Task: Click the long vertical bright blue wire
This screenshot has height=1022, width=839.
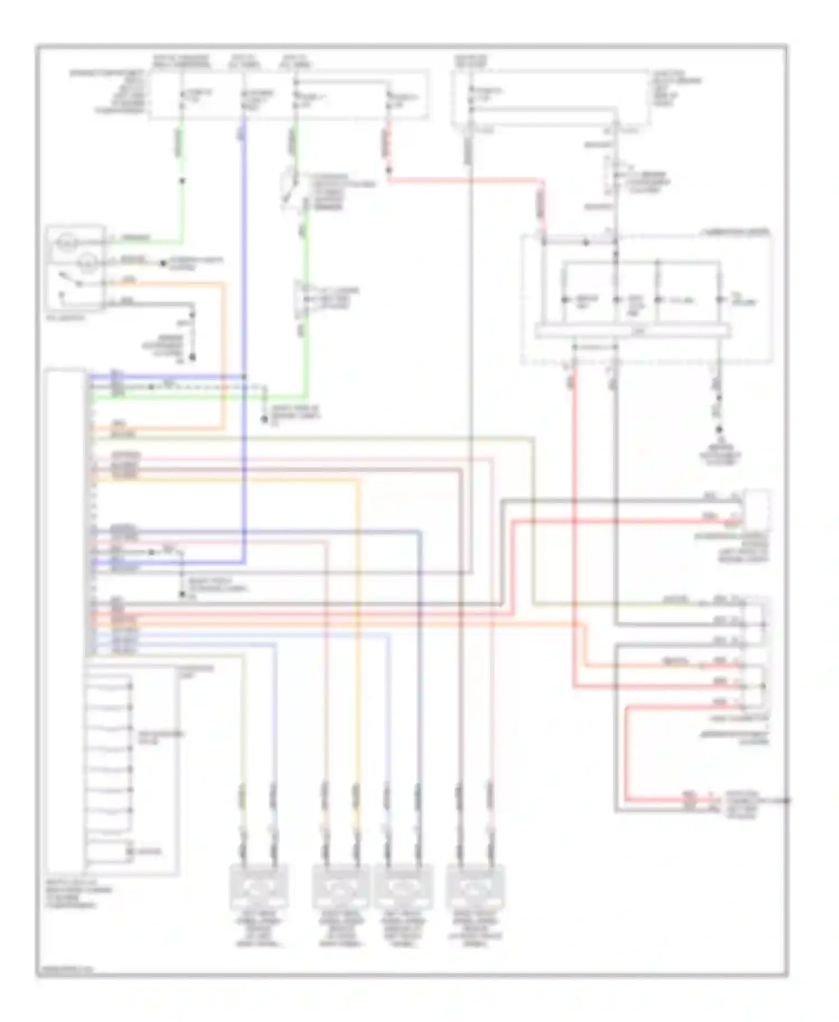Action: pyautogui.click(x=244, y=335)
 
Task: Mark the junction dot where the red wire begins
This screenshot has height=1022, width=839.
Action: pyautogui.click(x=388, y=170)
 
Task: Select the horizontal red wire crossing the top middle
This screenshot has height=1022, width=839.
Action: pyautogui.click(x=464, y=181)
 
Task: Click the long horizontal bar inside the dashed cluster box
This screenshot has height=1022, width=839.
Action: pyautogui.click(x=632, y=332)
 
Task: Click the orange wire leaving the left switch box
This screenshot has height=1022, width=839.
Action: pyautogui.click(x=168, y=284)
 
